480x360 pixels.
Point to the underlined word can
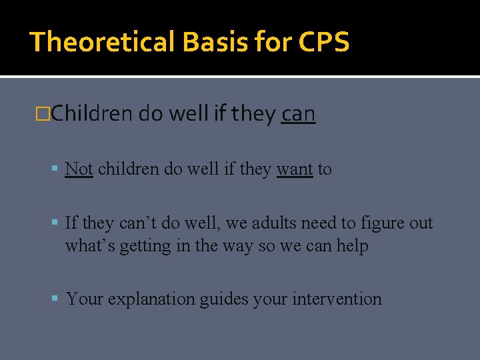pyautogui.click(x=298, y=115)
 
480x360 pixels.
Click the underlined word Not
pyautogui.click(x=79, y=169)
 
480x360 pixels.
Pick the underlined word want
pyautogui.click(x=295, y=169)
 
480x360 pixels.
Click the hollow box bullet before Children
pyautogui.click(x=45, y=115)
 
